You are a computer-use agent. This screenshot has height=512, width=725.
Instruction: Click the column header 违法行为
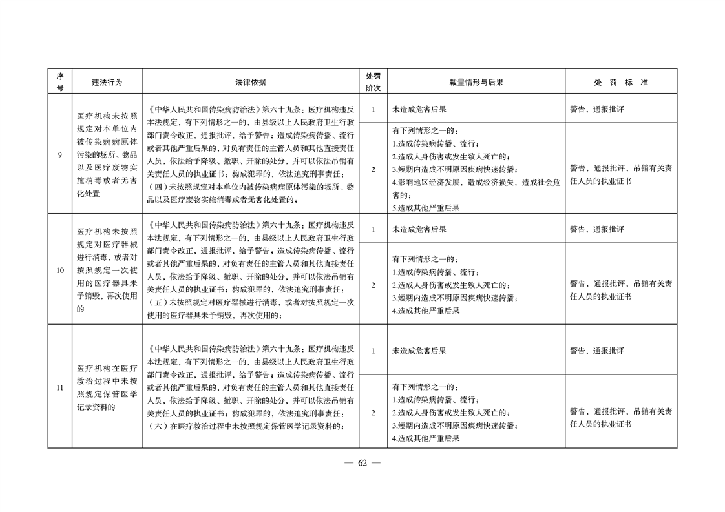coord(107,82)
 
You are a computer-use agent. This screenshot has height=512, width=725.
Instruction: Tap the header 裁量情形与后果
coord(476,82)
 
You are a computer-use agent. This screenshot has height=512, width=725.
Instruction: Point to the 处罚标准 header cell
coord(620,82)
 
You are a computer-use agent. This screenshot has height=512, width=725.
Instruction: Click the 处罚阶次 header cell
coord(373,82)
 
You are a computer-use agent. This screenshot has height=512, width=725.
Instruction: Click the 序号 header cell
coord(59,82)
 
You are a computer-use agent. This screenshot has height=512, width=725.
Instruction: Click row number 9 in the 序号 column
coord(59,155)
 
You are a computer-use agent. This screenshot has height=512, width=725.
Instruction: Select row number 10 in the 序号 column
coord(59,271)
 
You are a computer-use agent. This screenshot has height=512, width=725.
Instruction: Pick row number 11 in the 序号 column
coord(59,387)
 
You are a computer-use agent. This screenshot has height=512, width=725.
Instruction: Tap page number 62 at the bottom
coord(362,463)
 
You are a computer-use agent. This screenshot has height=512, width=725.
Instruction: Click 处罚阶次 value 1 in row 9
coord(373,109)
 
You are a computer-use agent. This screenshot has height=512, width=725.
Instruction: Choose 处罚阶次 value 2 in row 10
coord(373,285)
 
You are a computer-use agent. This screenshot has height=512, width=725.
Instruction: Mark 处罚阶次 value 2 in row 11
coord(373,412)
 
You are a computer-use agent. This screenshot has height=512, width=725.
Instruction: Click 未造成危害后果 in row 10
coord(419,229)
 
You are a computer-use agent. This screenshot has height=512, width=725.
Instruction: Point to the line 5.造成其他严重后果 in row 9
coord(426,208)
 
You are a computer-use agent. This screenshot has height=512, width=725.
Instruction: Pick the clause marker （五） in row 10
coord(158,302)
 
